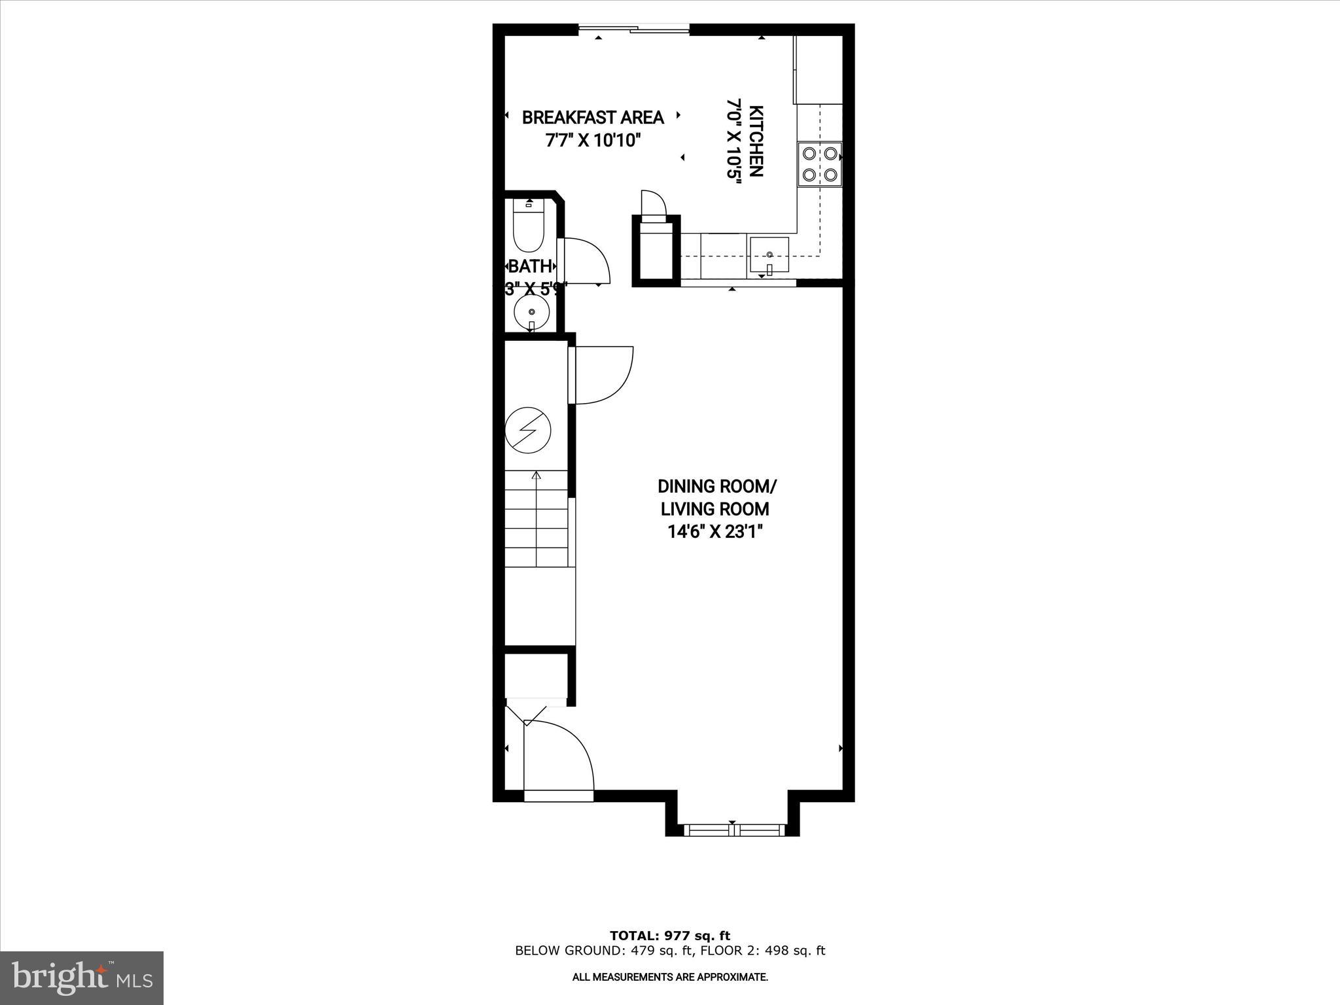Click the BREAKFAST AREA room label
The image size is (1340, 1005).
click(592, 118)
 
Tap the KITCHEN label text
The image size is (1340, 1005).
click(756, 141)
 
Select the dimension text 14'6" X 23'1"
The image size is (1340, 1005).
click(716, 532)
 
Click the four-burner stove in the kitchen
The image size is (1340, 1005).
click(819, 164)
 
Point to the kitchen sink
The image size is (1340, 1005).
click(769, 255)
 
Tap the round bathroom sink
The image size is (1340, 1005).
click(532, 313)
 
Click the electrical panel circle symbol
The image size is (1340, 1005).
click(528, 431)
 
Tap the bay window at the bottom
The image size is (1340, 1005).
click(733, 830)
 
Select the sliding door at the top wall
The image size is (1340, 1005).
click(633, 29)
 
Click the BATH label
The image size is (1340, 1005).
click(530, 266)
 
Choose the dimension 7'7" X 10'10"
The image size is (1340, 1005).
click(592, 141)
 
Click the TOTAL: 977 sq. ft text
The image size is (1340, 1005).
click(669, 936)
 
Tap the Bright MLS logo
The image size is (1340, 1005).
click(82, 978)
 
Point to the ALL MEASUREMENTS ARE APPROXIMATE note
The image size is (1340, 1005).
click(669, 977)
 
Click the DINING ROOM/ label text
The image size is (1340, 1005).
click(717, 487)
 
